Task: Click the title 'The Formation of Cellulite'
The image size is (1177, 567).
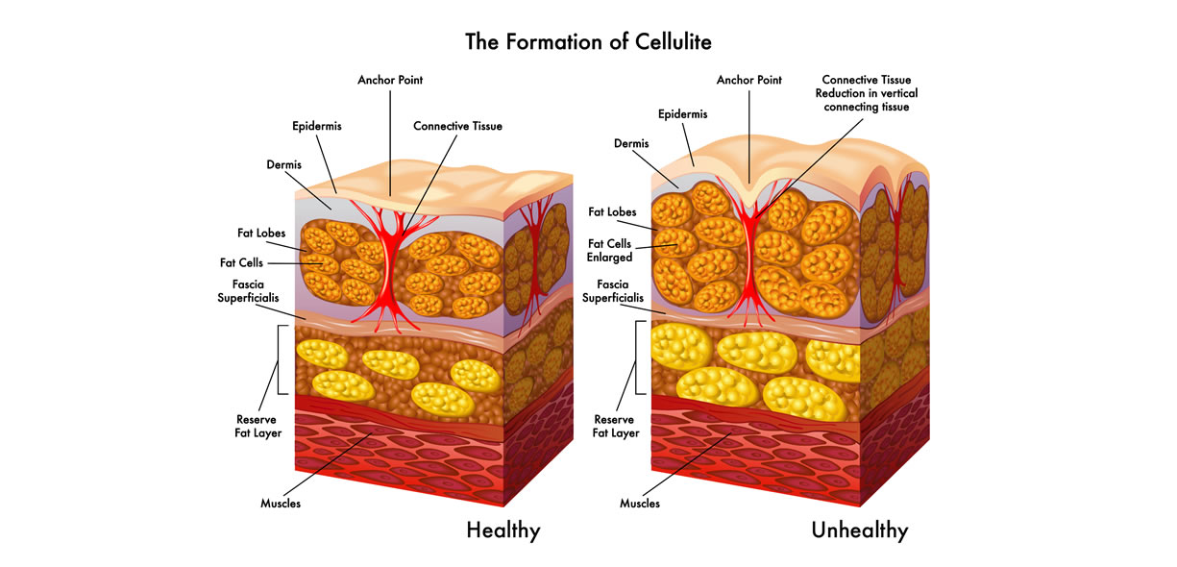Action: click(x=588, y=42)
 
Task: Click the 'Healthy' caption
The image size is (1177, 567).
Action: click(x=503, y=530)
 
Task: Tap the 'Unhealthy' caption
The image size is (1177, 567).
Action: click(x=860, y=530)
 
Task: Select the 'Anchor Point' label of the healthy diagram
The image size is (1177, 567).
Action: click(x=390, y=80)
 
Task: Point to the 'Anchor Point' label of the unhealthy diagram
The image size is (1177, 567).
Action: click(x=748, y=80)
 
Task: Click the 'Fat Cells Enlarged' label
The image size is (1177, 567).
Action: click(x=609, y=251)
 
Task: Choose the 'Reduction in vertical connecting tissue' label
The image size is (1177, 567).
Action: click(x=867, y=100)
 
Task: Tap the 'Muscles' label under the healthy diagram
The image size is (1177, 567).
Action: click(x=281, y=504)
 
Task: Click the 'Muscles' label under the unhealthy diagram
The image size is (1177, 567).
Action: click(x=640, y=504)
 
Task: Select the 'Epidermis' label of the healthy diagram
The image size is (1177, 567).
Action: click(x=317, y=127)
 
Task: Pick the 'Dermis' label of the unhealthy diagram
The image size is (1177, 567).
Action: click(x=631, y=143)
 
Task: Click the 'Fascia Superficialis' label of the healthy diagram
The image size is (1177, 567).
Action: click(x=248, y=291)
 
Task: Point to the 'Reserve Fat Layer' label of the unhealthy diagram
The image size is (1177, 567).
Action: click(x=615, y=426)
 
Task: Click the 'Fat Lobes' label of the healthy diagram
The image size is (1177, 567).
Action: click(x=261, y=233)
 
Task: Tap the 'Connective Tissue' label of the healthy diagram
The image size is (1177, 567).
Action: click(x=457, y=126)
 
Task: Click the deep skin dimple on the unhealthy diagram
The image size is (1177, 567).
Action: click(x=749, y=192)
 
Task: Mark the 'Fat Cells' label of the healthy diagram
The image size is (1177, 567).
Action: click(x=241, y=262)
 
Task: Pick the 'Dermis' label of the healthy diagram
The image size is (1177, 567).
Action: click(x=283, y=165)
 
